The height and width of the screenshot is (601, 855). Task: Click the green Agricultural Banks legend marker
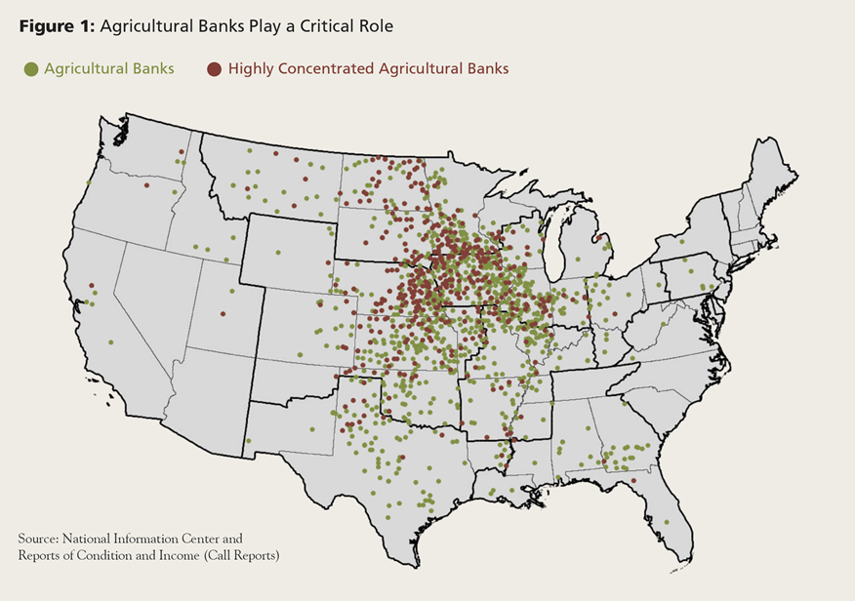pyautogui.click(x=31, y=69)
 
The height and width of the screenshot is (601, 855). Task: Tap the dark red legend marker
pyautogui.click(x=214, y=69)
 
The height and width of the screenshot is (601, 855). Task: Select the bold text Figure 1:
pyautogui.click(x=57, y=26)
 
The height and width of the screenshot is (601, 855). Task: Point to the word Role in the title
pyautogui.click(x=377, y=26)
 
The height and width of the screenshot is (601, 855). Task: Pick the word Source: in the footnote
pyautogui.click(x=40, y=539)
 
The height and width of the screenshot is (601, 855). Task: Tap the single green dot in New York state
pyautogui.click(x=681, y=241)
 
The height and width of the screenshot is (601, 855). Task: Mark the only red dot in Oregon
pyautogui.click(x=146, y=185)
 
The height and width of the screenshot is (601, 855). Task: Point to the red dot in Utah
pyautogui.click(x=223, y=313)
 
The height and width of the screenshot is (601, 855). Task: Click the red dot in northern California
pyautogui.click(x=95, y=293)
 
